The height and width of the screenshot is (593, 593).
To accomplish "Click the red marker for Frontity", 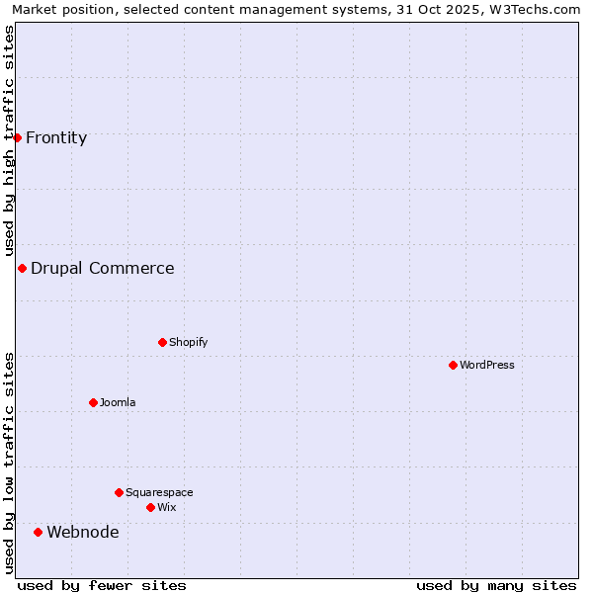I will [17, 137].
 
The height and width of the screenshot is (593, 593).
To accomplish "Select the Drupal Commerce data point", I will [22, 268].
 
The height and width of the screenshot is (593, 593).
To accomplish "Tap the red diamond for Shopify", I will [162, 342].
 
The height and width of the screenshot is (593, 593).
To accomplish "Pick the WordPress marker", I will [453, 365].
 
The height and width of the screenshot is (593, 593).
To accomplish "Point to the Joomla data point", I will [93, 402].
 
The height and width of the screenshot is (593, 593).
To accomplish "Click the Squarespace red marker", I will [119, 492].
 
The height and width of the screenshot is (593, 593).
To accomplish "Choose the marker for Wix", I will [150, 507].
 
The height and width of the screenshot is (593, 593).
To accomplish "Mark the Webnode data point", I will [38, 532].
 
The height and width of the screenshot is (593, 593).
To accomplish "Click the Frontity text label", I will [56, 138].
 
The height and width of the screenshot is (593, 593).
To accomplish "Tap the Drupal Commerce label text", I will [103, 268].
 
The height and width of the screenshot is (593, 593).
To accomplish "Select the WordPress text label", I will [487, 365].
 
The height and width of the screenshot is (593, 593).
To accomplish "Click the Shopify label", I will [189, 342].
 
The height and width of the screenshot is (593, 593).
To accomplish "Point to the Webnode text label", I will [83, 532].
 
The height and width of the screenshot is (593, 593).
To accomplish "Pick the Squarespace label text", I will [159, 492].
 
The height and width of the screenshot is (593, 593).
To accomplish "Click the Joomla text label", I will [118, 402].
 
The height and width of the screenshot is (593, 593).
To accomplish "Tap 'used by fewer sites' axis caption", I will [102, 585].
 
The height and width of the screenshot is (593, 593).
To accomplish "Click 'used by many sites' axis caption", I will [496, 585].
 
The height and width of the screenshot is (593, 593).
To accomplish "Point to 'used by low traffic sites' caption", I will [10, 463].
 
